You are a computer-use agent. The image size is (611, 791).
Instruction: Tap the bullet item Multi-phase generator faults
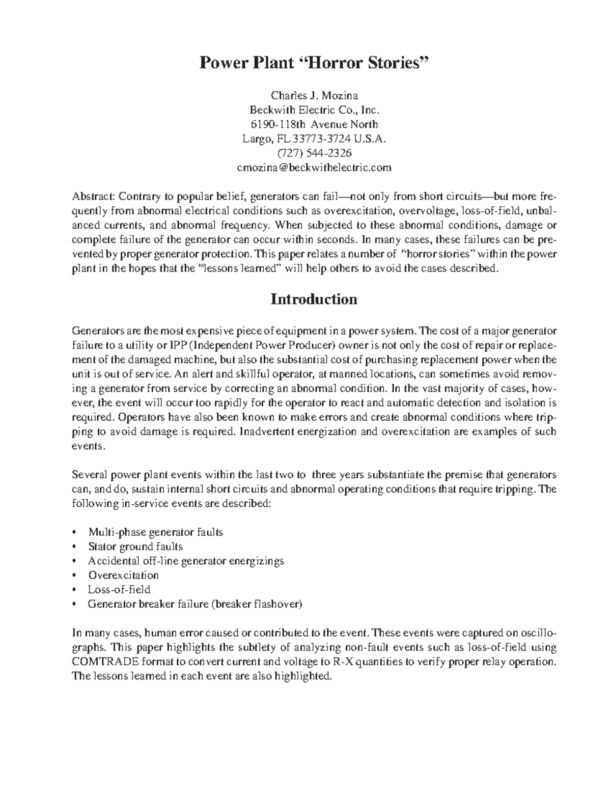(155, 532)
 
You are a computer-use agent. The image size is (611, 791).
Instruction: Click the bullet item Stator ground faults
(135, 547)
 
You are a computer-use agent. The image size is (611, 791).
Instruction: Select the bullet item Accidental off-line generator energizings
(186, 561)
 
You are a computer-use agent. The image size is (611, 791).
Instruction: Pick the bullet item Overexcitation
(123, 575)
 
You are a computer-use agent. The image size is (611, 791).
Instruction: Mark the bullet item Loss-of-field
(119, 589)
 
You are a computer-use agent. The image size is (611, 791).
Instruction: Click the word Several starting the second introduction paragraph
(88, 475)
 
